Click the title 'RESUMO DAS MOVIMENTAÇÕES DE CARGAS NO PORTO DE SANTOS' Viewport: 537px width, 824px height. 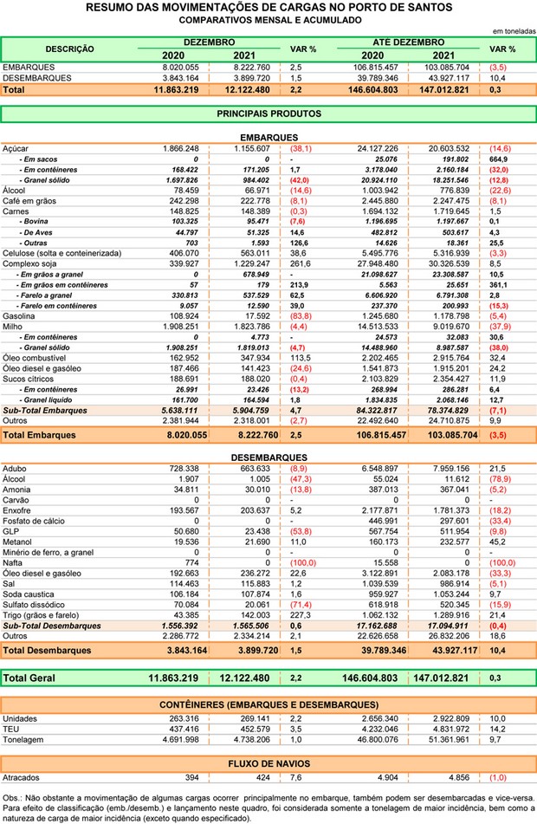point(268,7)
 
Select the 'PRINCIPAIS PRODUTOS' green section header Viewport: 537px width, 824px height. point(268,114)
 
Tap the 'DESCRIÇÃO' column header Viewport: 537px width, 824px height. point(69,49)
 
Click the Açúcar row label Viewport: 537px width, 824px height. point(16,149)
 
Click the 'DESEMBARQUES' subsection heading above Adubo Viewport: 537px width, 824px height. point(268,457)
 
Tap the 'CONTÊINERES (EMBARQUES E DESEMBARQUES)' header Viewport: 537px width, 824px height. point(268,705)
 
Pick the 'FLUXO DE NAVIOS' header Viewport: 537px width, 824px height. point(268,763)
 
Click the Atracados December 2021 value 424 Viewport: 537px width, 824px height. point(260,778)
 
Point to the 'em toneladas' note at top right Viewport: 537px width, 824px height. point(513,29)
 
